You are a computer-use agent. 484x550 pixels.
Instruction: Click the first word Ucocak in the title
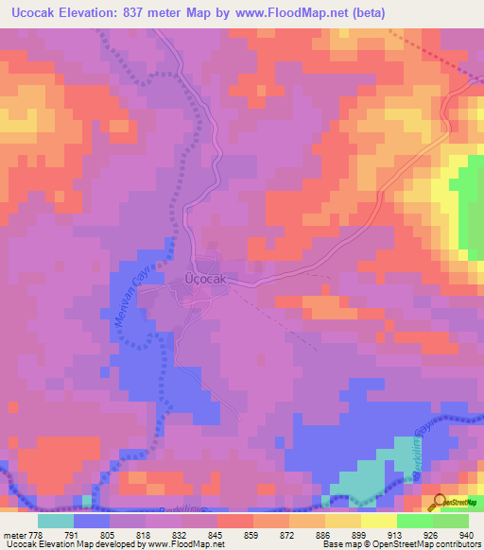(39, 13)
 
